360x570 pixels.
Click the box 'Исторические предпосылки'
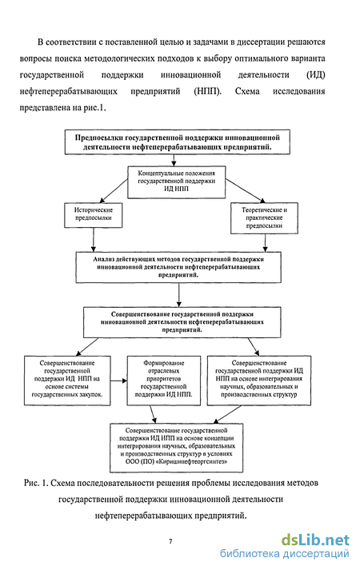coord(93,215)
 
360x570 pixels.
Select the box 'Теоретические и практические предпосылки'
coord(264,218)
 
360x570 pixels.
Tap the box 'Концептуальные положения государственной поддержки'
coord(176,182)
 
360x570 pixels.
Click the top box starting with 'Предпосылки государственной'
coord(177,142)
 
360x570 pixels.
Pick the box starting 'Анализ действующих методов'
coord(178,267)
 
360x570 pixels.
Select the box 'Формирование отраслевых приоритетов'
coord(164,381)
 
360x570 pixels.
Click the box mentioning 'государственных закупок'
coord(67,381)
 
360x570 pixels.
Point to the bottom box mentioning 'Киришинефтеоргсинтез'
coord(176,447)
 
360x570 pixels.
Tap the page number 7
coord(170,541)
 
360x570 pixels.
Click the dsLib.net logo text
coord(315,540)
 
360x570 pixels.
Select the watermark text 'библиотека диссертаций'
coord(284,554)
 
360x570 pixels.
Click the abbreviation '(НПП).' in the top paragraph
coord(208,91)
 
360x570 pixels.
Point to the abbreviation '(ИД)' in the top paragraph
coord(316,75)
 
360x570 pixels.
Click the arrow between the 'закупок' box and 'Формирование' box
coord(119,381)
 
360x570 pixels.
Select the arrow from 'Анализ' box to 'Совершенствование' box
coord(178,295)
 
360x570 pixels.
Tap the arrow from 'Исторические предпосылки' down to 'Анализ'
coord(94,240)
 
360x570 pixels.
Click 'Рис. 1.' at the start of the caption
coord(36,483)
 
